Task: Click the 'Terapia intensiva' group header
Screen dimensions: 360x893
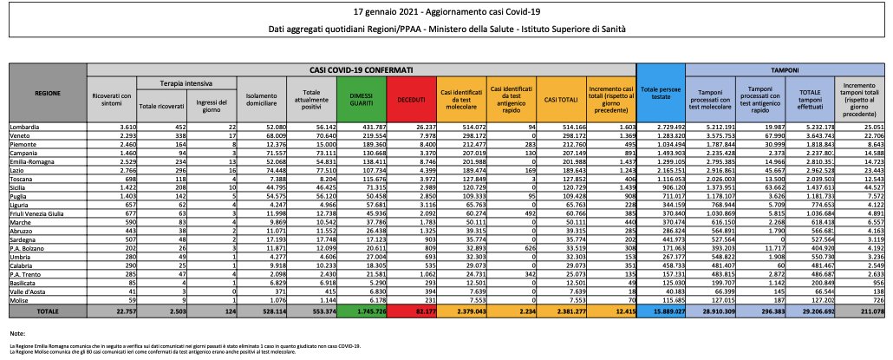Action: (x=185, y=83)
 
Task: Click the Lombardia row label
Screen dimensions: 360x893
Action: (x=27, y=127)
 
